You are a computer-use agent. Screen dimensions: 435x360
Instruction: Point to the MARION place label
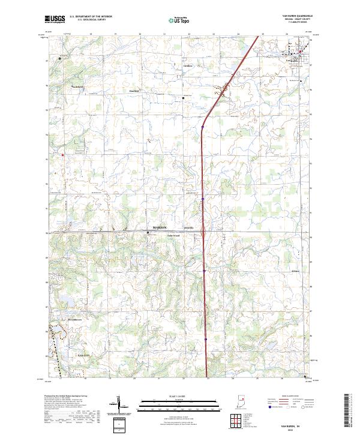pos(160,229)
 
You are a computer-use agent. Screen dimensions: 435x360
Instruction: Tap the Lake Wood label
pos(173,236)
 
